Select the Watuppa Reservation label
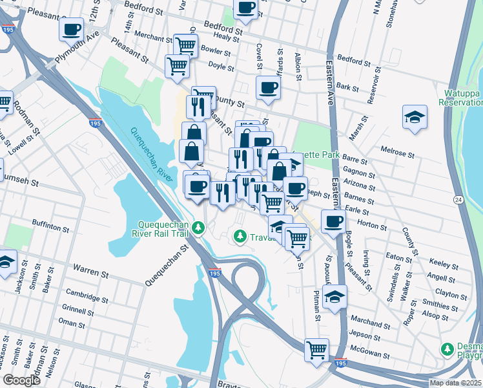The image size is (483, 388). pyautogui.click(x=460, y=98)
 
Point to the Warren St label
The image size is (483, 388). pyautogui.click(x=89, y=267)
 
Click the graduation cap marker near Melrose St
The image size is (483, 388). pyautogui.click(x=415, y=118)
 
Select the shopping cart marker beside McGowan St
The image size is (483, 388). pyautogui.click(x=316, y=350)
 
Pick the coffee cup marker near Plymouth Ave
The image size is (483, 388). pyautogui.click(x=72, y=29)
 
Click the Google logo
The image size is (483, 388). pyautogui.click(x=21, y=380)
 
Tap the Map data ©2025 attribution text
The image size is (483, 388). pyautogui.click(x=456, y=383)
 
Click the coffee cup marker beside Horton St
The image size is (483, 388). pyautogui.click(x=333, y=222)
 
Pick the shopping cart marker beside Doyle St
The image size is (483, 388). pyautogui.click(x=177, y=65)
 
